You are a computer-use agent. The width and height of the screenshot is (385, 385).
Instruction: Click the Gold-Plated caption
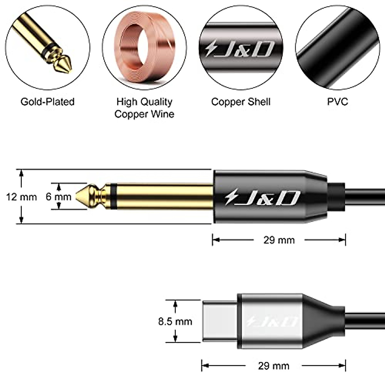(47, 102)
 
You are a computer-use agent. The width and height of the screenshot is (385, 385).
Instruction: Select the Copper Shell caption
(241, 102)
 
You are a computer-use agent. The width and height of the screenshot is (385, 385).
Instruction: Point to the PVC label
(337, 102)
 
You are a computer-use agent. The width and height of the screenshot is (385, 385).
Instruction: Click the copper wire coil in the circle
(144, 48)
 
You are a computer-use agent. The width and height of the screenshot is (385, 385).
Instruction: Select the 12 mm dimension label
(21, 197)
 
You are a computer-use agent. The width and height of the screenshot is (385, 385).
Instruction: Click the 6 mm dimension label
(58, 196)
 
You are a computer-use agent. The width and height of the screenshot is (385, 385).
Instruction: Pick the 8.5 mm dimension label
(175, 321)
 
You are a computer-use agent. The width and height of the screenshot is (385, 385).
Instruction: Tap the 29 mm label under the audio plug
(279, 240)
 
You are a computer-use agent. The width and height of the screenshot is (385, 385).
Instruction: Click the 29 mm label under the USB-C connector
(273, 366)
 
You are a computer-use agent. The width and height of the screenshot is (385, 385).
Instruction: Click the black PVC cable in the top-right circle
(337, 48)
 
